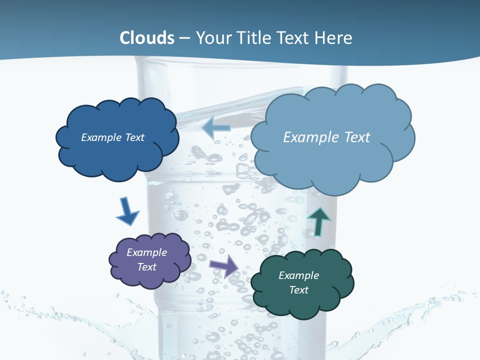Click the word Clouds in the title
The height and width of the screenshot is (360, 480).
tap(147, 38)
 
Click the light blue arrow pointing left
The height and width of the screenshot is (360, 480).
tap(216, 128)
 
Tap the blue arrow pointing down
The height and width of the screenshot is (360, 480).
tap(127, 210)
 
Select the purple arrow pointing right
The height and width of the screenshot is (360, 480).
tap(223, 265)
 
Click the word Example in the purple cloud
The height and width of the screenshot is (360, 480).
tap(146, 252)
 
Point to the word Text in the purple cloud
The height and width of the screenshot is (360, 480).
tap(146, 267)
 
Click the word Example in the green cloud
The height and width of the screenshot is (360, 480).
tap(298, 275)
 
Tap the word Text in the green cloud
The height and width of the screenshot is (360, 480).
tap(298, 290)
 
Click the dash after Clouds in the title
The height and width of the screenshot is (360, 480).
tap(184, 38)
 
